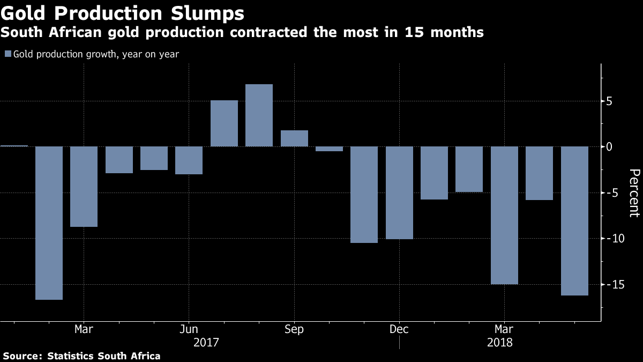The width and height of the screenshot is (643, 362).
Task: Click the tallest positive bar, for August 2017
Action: [x=259, y=115]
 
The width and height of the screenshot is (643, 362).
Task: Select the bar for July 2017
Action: [x=224, y=123]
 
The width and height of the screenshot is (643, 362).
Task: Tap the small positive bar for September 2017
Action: [x=294, y=138]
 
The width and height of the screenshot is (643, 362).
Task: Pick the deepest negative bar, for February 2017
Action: [x=49, y=223]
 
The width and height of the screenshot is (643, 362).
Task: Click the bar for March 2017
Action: [x=84, y=187]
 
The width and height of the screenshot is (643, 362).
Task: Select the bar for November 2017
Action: [x=364, y=195]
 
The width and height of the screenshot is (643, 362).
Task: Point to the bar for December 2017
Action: [x=399, y=193]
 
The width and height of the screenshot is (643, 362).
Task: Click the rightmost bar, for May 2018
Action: [x=574, y=220]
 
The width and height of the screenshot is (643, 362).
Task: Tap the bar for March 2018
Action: [x=504, y=215]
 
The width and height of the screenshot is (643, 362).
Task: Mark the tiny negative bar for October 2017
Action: [x=329, y=149]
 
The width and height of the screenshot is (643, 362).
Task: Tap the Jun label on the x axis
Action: [x=189, y=329]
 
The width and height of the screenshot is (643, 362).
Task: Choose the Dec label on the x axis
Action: [x=399, y=329]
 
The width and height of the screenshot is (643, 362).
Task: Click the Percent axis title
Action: [x=634, y=193]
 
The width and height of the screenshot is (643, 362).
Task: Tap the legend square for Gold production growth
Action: [x=8, y=54]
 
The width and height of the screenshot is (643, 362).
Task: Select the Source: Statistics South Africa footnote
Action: [x=81, y=356]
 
